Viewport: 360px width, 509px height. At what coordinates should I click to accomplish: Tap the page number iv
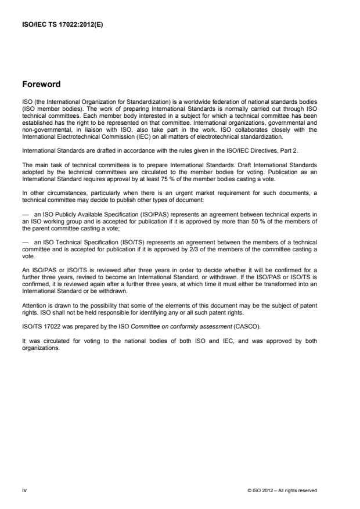pos(24,490)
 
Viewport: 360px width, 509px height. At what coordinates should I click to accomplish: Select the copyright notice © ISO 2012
pos(282,490)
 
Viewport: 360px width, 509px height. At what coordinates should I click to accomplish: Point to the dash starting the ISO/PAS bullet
pos(26,213)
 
